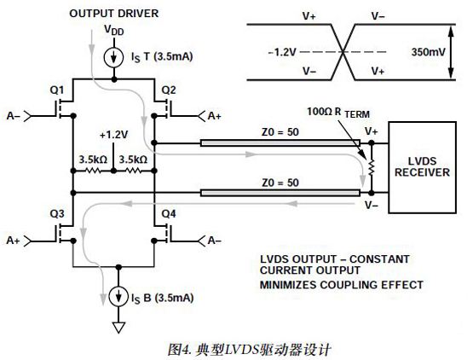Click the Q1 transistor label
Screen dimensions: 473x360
pos(57,90)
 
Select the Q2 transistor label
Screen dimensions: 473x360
pos(169,90)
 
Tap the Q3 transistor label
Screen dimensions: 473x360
pos(57,214)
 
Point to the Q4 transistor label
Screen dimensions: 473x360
pos(169,214)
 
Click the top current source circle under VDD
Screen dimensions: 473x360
pos(113,57)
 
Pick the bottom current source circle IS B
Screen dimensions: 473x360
pos(118,296)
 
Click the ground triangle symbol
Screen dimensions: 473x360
pos(118,328)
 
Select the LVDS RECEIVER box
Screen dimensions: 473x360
pos(422,167)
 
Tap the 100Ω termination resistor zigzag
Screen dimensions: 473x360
pos(372,167)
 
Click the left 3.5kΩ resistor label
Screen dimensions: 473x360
pos(93,160)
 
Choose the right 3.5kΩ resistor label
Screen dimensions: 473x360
pos(133,160)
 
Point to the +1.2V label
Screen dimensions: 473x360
pos(113,135)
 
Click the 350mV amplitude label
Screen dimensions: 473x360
pos(429,52)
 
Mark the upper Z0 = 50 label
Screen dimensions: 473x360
pos(280,132)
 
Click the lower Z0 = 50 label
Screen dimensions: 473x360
pos(280,183)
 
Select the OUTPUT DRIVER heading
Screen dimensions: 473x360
pos(114,14)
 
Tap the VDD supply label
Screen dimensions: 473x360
pos(113,31)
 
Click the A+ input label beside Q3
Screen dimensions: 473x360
pos(14,241)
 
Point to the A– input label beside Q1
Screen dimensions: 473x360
pos(14,116)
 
